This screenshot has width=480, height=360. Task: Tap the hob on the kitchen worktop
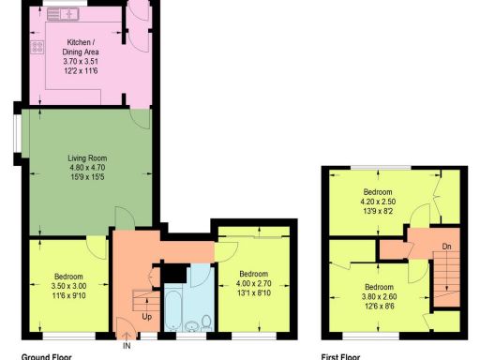coord(37,46)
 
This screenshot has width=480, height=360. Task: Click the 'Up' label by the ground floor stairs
coord(147,317)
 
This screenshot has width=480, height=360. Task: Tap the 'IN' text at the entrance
coord(127,347)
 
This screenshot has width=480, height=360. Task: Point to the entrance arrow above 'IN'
coord(127,335)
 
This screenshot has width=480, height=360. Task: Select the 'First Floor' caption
coord(340,356)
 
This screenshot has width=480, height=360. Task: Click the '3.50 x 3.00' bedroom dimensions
coord(70,287)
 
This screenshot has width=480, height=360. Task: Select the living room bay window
coord(19,137)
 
